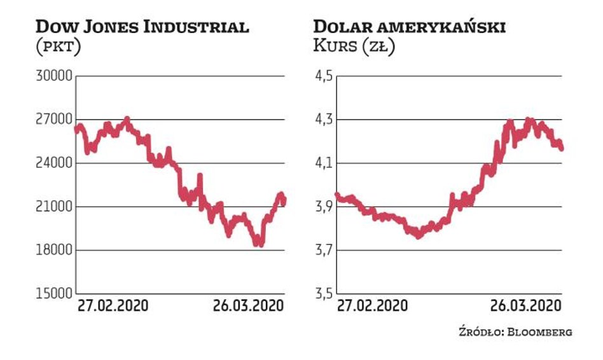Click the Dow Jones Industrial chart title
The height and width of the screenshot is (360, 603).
coord(142,27)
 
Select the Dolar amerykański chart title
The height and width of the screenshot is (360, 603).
coord(410,27)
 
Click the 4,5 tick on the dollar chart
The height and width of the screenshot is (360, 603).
coord(323,76)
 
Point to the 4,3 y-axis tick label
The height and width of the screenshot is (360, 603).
coord(323,120)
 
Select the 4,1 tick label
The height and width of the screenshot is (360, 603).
coord(323,163)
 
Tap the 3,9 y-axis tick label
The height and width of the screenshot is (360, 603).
coord(323,207)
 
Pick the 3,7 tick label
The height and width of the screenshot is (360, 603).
coord(323,250)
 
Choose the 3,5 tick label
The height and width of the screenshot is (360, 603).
coord(323,294)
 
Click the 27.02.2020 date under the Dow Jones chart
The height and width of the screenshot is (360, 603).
coord(113,305)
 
